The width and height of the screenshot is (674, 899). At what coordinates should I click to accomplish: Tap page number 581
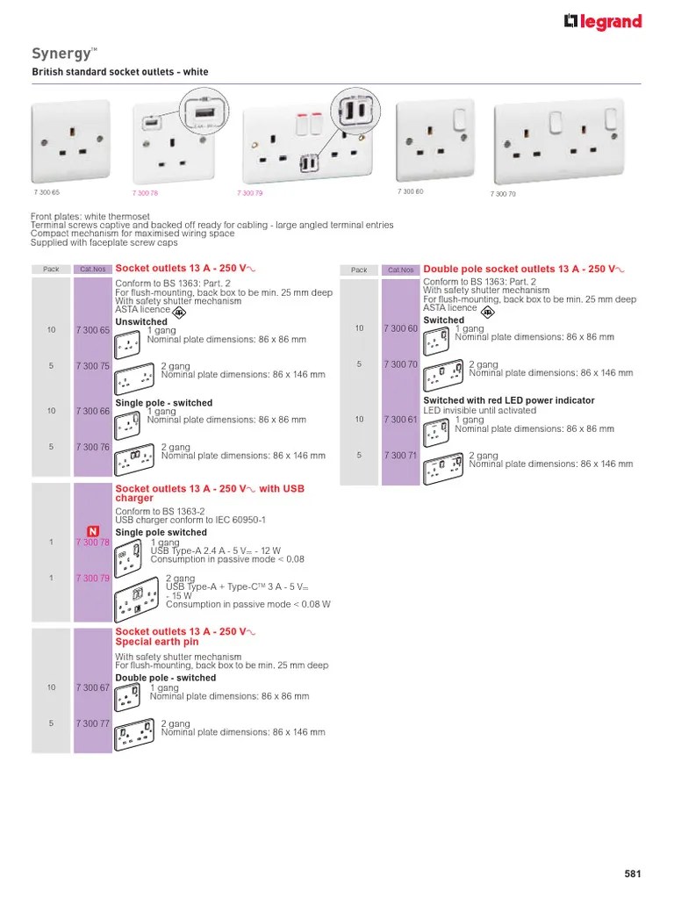click(x=632, y=874)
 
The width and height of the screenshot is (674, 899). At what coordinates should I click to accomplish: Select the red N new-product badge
click(x=93, y=531)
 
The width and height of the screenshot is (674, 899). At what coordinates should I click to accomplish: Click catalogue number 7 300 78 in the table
click(x=92, y=543)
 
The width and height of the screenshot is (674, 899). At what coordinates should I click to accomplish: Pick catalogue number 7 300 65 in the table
click(x=92, y=330)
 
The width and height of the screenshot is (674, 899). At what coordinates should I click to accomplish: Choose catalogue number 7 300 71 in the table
click(x=400, y=456)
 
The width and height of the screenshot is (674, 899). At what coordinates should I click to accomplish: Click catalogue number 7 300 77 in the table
click(x=92, y=724)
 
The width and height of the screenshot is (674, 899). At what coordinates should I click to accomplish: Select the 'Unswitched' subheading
click(x=141, y=322)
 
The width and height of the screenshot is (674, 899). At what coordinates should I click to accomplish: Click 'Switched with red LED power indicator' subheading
click(x=508, y=400)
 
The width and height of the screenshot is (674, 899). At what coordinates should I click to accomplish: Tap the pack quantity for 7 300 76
click(x=51, y=447)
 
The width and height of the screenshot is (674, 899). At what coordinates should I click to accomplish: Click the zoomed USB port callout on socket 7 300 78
click(x=201, y=114)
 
